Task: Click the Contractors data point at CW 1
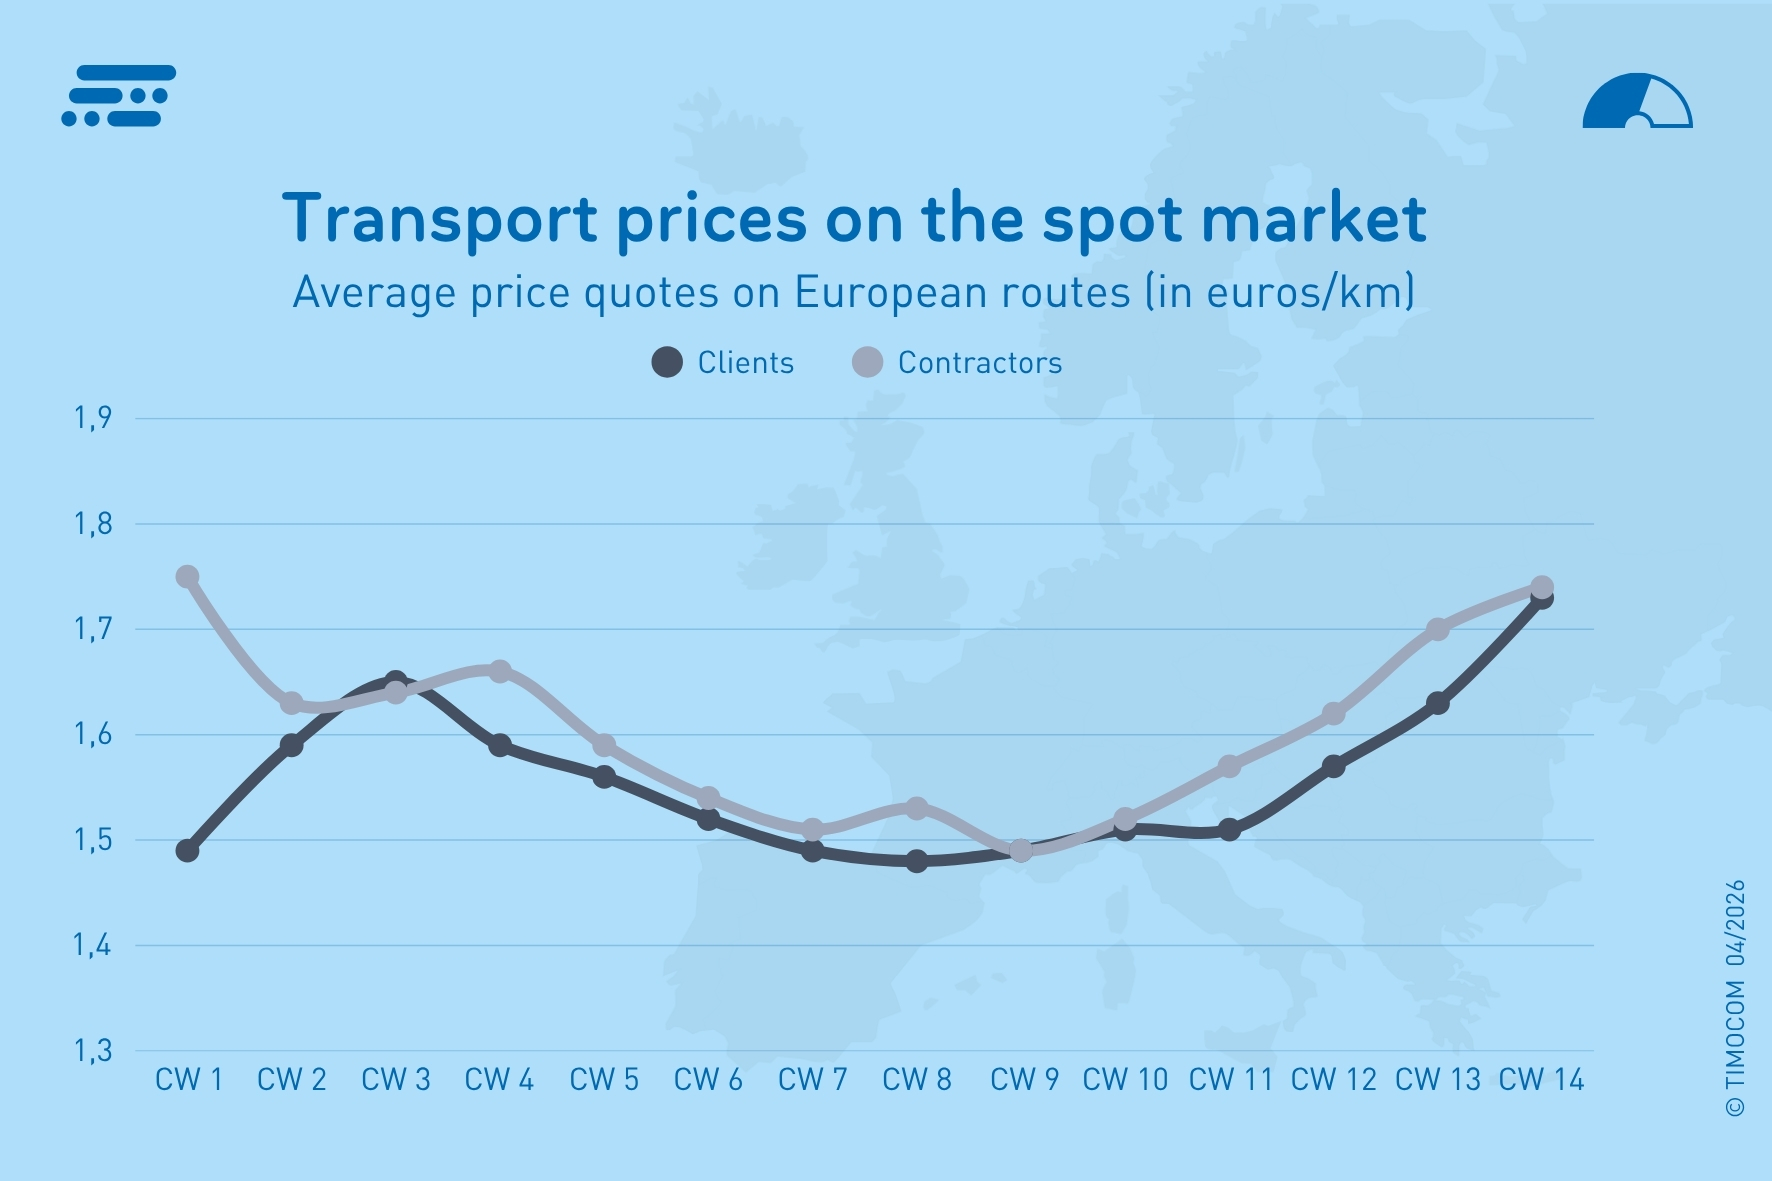pos(187,577)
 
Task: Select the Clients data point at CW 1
pos(187,851)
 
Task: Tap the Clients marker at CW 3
pos(396,681)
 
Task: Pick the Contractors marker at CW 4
pos(500,671)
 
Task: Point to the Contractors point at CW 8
pos(917,808)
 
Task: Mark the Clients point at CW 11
pos(1230,830)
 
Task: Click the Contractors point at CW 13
pos(1438,629)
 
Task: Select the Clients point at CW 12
pos(1334,766)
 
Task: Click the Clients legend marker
pos(667,362)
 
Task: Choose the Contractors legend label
pos(979,363)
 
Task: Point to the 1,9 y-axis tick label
pos(93,418)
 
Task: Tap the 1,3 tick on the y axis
pos(93,1051)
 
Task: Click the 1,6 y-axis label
pos(93,735)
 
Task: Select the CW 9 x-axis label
pos(1023,1080)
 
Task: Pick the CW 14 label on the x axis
pos(1541,1080)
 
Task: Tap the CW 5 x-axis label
pos(604,1080)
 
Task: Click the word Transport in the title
pos(440,220)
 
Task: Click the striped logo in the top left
pos(119,97)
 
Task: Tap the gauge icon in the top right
pos(1637,102)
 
